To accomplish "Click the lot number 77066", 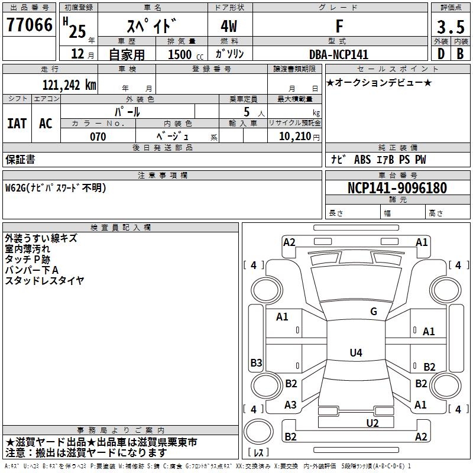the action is (x=30, y=25).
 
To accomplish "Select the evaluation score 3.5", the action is (x=451, y=27).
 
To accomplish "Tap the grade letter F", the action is (x=339, y=26).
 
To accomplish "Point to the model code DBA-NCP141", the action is (x=339, y=54).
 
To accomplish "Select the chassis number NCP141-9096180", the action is (x=397, y=188).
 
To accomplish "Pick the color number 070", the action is (x=98, y=137).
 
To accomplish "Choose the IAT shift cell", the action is (x=17, y=124).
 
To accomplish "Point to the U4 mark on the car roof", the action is (x=355, y=353).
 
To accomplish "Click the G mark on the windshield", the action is (x=374, y=312).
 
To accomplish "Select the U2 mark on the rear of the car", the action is (x=372, y=422).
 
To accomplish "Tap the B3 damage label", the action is (x=256, y=362).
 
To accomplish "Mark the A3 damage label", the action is (x=290, y=405).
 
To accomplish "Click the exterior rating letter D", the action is (x=440, y=54).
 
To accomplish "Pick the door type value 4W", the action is (x=230, y=27).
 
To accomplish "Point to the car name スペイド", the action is (x=152, y=27).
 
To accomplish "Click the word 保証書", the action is (x=20, y=160).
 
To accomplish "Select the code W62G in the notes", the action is (x=17, y=188).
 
